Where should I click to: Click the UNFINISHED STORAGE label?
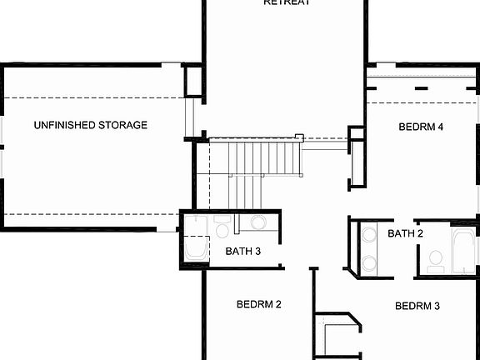(90, 125)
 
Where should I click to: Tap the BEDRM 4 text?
(421, 127)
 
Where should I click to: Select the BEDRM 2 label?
(258, 304)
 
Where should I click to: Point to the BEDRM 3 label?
(417, 306)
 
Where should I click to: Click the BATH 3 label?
(243, 251)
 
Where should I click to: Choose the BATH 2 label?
(405, 233)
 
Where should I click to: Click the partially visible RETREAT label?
(287, 2)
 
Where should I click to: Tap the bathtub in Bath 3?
(197, 249)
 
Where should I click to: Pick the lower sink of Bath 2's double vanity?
(367, 262)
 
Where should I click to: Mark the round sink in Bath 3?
(257, 222)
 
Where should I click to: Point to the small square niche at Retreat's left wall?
(194, 80)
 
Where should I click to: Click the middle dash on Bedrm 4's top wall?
(421, 87)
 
